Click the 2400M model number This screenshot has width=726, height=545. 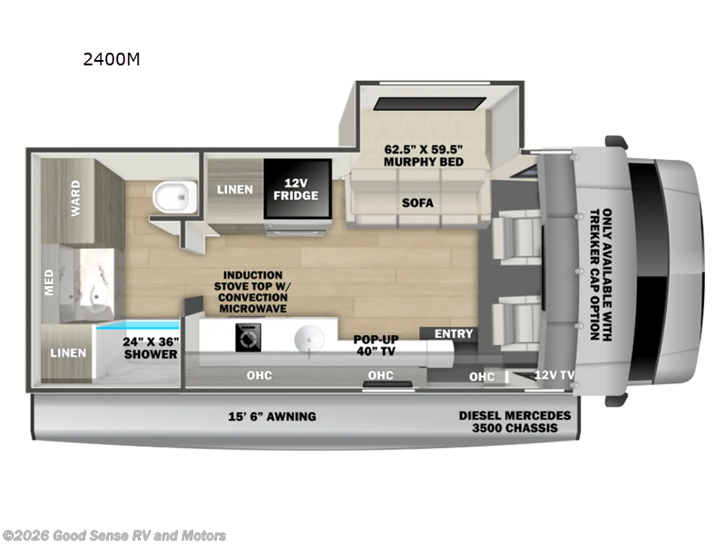point(113,61)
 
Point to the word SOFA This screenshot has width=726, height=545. point(417,203)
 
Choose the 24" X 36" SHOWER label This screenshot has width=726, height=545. point(151,348)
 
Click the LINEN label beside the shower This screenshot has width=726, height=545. point(68,352)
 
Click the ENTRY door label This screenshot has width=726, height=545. point(454,334)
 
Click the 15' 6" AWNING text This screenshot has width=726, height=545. point(271,417)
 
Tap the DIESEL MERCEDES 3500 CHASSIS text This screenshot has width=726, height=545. point(515,422)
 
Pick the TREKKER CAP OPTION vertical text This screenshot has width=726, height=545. point(601,272)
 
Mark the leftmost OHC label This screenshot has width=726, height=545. point(259,375)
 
